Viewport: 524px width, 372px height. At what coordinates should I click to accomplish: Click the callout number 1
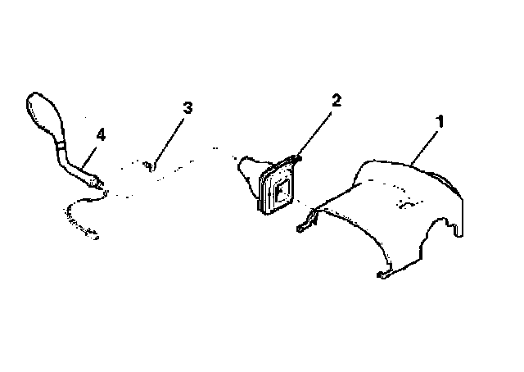pyautogui.click(x=440, y=122)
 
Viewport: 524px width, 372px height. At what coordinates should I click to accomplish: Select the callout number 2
pyautogui.click(x=337, y=100)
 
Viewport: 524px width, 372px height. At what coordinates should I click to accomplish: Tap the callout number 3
pyautogui.click(x=187, y=108)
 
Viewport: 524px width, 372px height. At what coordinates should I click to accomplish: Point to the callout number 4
pyautogui.click(x=101, y=135)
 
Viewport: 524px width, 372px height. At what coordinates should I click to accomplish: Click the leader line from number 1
pyautogui.click(x=424, y=147)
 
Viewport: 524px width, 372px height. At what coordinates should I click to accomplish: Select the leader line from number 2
pyautogui.click(x=313, y=135)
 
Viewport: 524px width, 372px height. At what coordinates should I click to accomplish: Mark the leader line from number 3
pyautogui.click(x=169, y=141)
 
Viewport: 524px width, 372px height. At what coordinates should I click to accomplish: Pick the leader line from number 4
pyautogui.click(x=89, y=157)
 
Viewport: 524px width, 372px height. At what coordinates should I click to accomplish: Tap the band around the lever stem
pyautogui.click(x=61, y=146)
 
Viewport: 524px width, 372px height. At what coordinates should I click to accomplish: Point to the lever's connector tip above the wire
pyautogui.click(x=96, y=183)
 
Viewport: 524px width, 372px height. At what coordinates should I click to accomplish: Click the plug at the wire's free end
pyautogui.click(x=93, y=234)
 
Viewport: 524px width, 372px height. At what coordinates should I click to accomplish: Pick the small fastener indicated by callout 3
pyautogui.click(x=149, y=166)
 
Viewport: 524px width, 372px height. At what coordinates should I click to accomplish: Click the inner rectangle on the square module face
pyautogui.click(x=282, y=192)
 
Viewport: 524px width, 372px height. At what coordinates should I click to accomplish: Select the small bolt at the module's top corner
pyautogui.click(x=296, y=159)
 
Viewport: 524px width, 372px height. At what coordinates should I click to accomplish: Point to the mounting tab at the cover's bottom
pyautogui.click(x=384, y=274)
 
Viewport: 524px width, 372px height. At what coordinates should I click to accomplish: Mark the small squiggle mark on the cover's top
pyautogui.click(x=408, y=204)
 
